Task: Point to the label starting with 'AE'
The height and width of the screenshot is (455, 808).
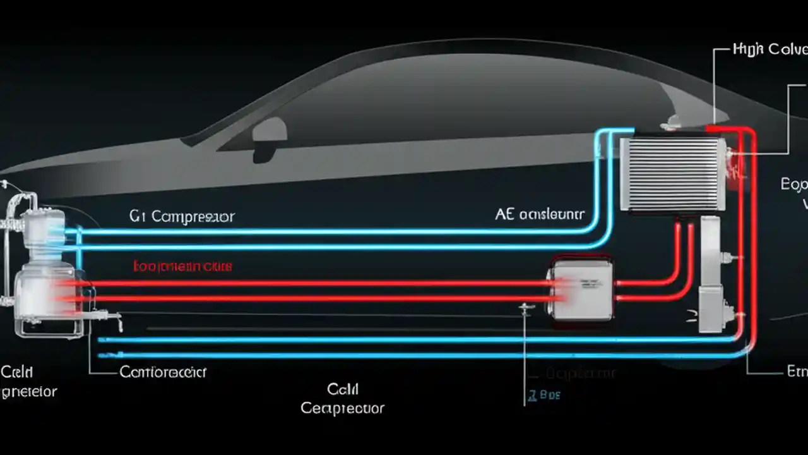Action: [x=540, y=215]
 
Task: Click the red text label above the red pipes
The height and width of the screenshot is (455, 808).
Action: [x=182, y=267]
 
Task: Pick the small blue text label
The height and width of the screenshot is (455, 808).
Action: [x=542, y=396]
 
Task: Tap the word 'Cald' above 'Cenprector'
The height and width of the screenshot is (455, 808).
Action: [x=343, y=388]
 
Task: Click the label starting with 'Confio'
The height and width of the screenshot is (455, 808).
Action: [x=163, y=372]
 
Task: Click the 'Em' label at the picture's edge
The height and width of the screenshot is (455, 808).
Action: [x=797, y=372]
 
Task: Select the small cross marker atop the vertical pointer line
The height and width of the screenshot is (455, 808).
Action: [x=525, y=308]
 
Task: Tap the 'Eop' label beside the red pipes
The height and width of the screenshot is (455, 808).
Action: [x=794, y=185]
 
